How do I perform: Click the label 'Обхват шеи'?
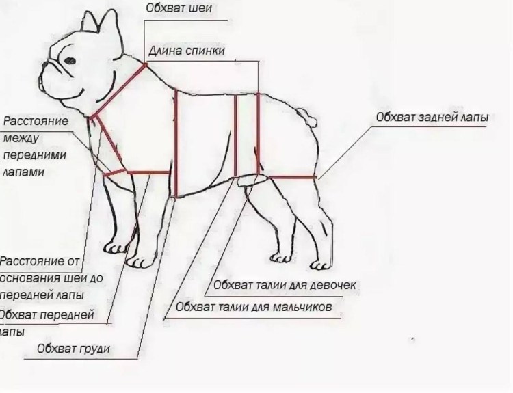pyautogui.click(x=179, y=9)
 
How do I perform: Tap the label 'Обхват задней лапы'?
pyautogui.click(x=431, y=117)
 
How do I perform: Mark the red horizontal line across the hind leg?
pyautogui.click(x=292, y=177)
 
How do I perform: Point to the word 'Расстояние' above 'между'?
pyautogui.click(x=36, y=122)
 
